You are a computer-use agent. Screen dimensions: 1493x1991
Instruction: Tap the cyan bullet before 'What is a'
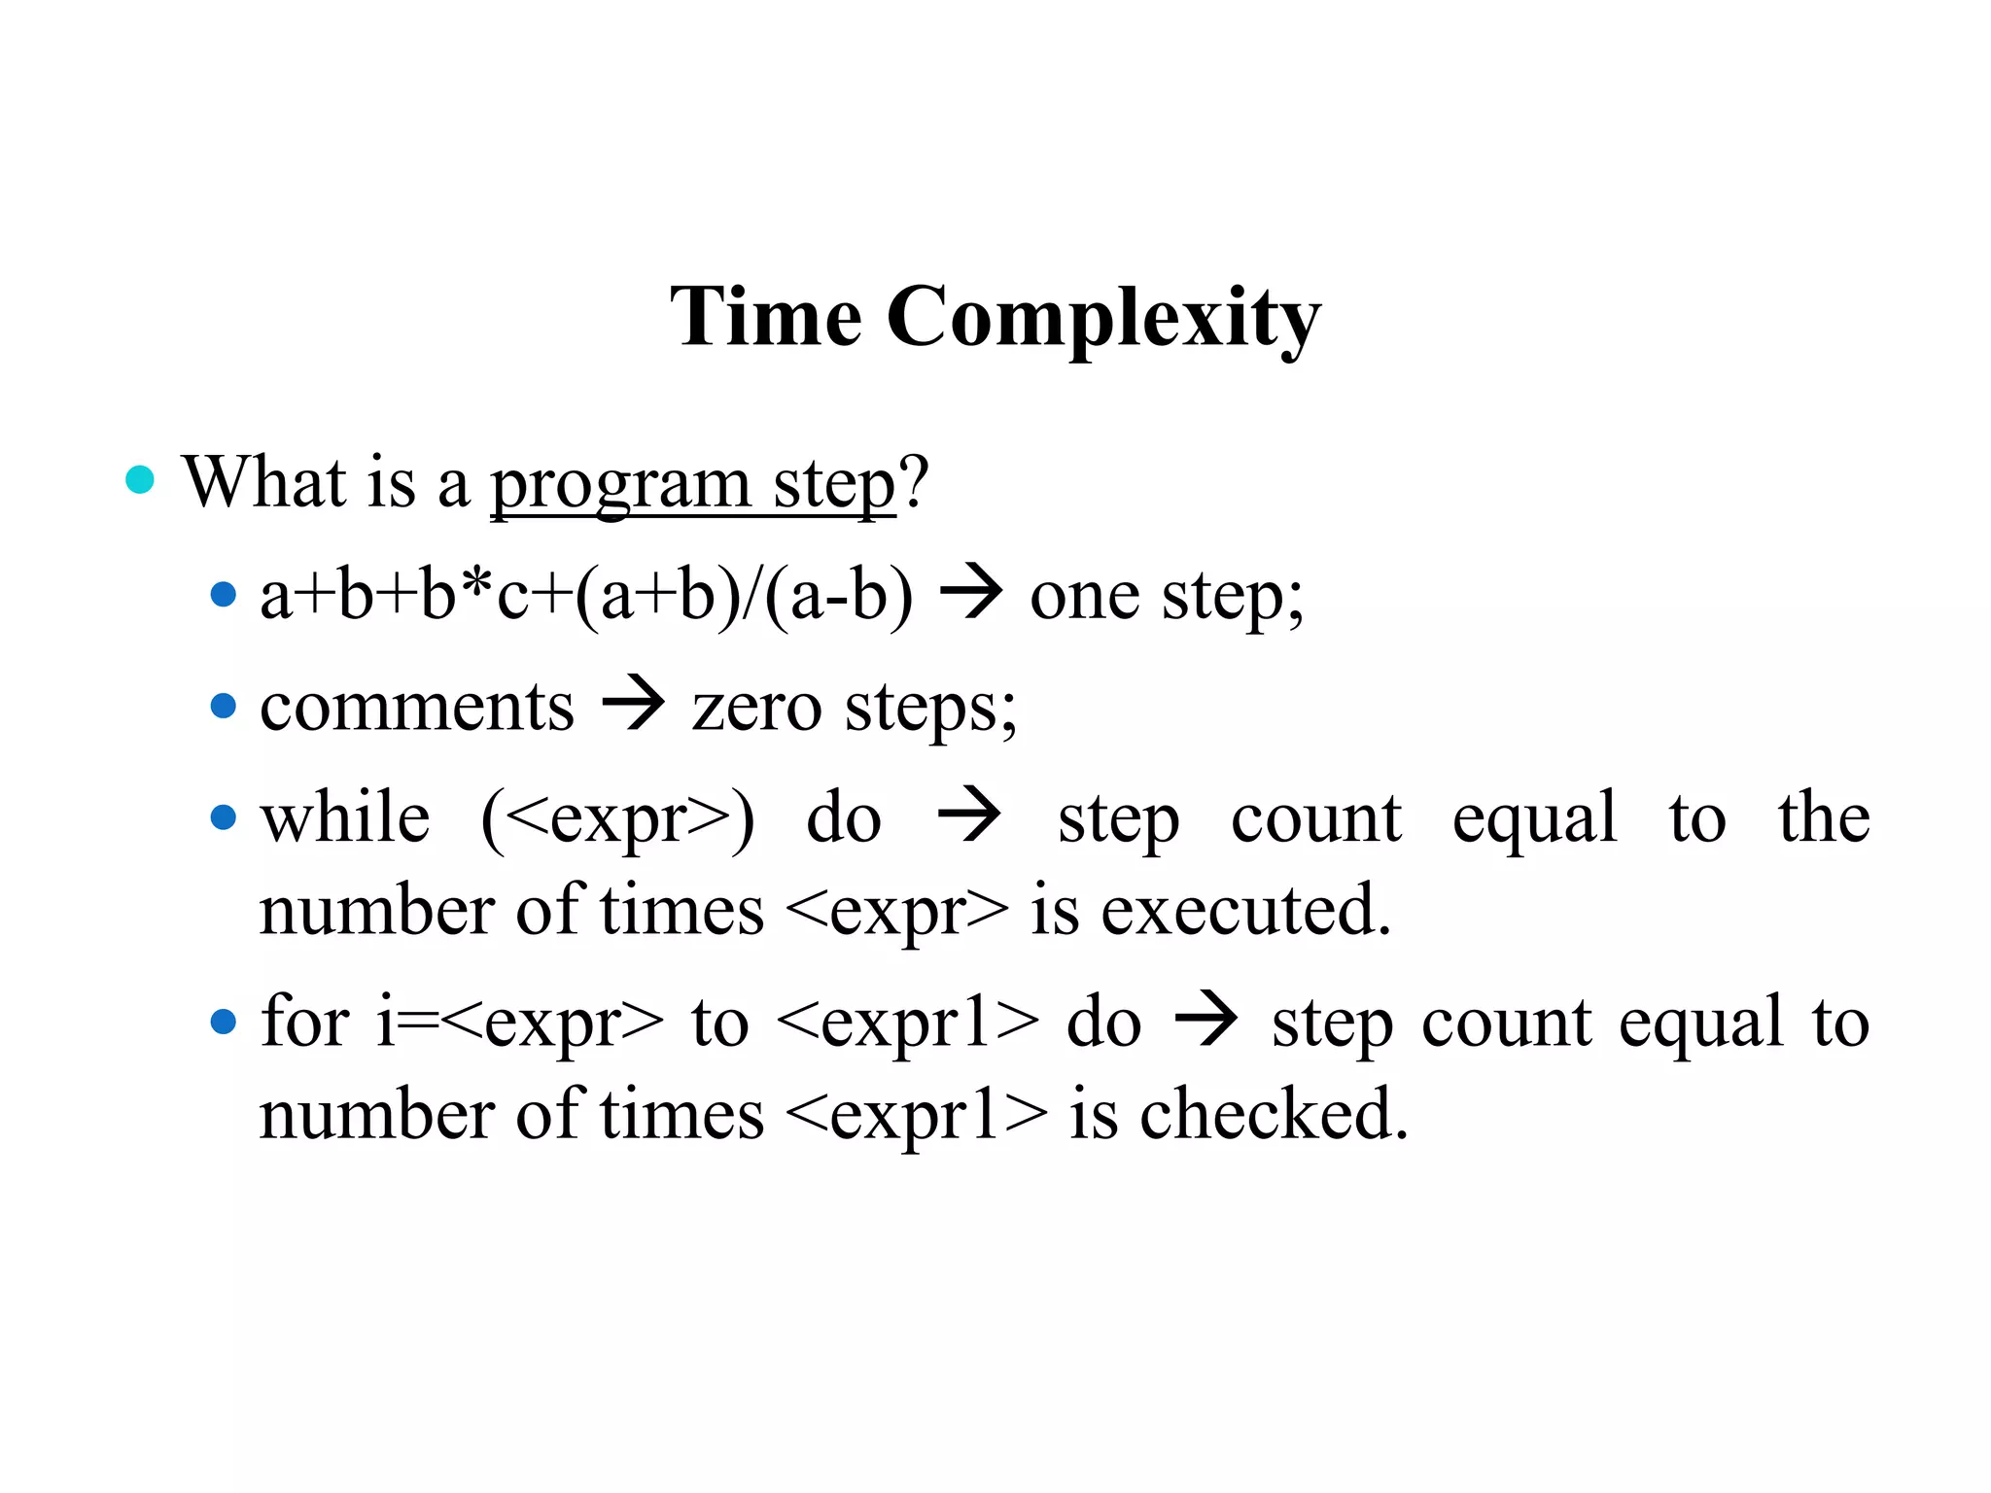coord(141,480)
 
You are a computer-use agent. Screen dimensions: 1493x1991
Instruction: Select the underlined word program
coord(620,485)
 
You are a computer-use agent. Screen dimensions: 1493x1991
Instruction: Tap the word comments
coord(417,707)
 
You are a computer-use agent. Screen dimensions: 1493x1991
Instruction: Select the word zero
coord(756,709)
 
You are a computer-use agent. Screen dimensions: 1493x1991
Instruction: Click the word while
coord(345,817)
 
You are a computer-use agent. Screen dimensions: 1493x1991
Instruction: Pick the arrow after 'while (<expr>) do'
coord(969,816)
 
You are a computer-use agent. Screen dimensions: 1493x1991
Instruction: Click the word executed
coord(1245,911)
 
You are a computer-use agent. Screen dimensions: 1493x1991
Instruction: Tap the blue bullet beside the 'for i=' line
coord(224,1023)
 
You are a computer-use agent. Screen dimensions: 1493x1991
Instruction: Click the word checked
coord(1273,1115)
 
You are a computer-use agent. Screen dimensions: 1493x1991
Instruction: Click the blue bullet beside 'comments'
coord(224,706)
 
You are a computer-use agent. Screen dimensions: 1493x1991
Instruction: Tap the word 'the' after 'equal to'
coord(1824,817)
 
